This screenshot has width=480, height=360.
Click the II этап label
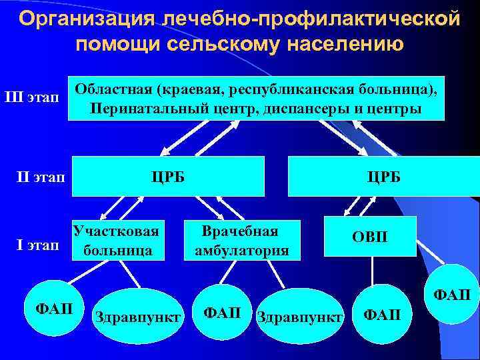pyautogui.click(x=39, y=177)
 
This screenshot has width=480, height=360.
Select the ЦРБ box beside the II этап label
pyautogui.click(x=168, y=177)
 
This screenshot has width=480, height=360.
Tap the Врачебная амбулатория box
pyautogui.click(x=241, y=241)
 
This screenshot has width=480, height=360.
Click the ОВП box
pyautogui.click(x=369, y=237)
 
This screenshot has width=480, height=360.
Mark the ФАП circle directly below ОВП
pyautogui.click(x=381, y=313)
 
